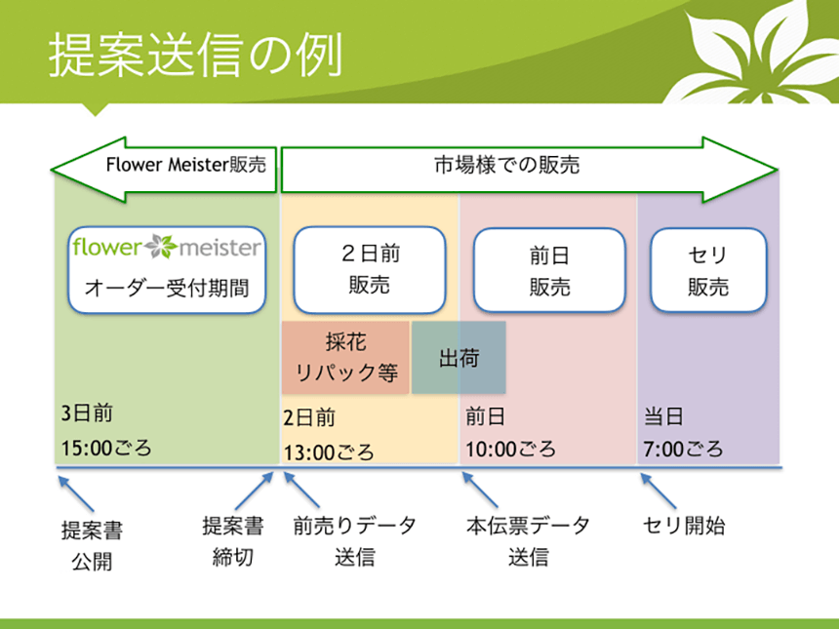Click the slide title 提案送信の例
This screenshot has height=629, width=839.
(x=195, y=55)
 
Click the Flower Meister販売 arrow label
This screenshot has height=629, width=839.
(x=185, y=165)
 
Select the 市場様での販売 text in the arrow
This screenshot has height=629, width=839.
(x=506, y=165)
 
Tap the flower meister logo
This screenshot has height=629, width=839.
(x=167, y=247)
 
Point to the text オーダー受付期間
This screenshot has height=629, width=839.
(x=167, y=288)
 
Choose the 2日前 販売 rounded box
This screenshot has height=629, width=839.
(x=370, y=269)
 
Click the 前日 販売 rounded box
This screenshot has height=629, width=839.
(x=549, y=270)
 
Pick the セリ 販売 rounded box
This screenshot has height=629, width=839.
(x=708, y=270)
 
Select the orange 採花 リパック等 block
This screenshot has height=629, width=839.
(x=345, y=357)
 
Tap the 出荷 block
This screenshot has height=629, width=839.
(x=459, y=357)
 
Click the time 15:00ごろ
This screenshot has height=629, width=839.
(x=106, y=448)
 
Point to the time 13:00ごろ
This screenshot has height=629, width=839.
(x=329, y=452)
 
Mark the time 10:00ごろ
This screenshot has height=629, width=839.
(x=511, y=449)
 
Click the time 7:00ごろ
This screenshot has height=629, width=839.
(x=683, y=449)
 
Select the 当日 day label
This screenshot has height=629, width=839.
(x=663, y=416)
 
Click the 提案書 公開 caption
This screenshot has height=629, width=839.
(x=92, y=545)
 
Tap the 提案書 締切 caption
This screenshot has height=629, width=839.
(x=233, y=541)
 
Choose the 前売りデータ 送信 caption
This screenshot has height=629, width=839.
(x=355, y=541)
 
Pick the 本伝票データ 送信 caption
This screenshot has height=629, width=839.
(x=528, y=541)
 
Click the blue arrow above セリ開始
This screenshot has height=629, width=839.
(x=659, y=491)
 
